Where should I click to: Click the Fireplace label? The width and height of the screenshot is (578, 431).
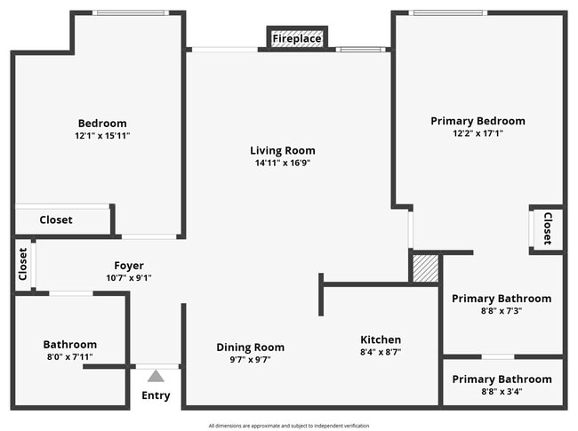pos(297,39)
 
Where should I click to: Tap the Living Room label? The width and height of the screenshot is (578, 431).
pos(282,150)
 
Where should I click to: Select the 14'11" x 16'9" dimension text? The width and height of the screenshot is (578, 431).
pos(282,163)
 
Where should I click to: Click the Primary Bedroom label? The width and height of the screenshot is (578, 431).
pos(478,121)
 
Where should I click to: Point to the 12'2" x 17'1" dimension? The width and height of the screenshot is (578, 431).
pos(478,133)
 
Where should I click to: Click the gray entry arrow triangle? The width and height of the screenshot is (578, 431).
pos(157,376)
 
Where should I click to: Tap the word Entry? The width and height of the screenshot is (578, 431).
pos(157,395)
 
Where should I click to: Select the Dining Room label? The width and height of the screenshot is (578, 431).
pos(251,347)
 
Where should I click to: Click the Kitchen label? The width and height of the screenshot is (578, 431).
pos(381,339)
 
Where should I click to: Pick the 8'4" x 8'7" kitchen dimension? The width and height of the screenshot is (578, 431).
pos(381,352)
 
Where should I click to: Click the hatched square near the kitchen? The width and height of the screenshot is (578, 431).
pos(426,269)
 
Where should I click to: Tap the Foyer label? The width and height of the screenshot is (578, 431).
pos(129,266)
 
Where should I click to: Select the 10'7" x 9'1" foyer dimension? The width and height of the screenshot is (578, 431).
pos(129,277)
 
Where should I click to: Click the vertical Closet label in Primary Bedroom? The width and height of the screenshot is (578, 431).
pos(548,228)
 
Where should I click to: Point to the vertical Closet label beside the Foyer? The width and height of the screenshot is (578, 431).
pos(23,263)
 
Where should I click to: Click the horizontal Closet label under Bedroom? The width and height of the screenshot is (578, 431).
pos(56,219)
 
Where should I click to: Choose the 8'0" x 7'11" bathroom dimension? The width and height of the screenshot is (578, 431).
pos(70,356)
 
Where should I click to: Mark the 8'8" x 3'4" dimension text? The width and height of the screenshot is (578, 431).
pos(502,391)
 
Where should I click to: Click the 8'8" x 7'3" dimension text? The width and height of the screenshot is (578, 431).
pos(502,311)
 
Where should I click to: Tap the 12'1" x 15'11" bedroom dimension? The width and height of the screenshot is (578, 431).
pos(102,135)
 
